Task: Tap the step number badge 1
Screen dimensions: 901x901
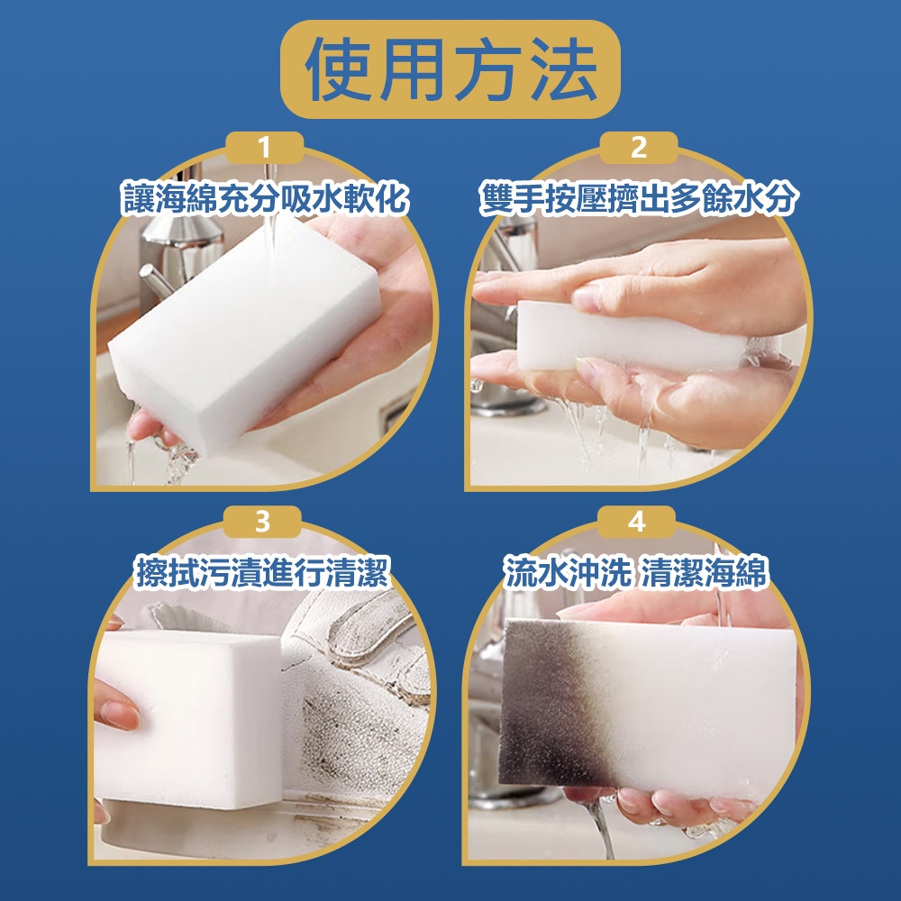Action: tap(265, 148)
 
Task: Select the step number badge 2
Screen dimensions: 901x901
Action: tap(639, 148)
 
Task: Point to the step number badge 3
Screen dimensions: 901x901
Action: tap(262, 522)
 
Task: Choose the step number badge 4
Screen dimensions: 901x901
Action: tap(636, 522)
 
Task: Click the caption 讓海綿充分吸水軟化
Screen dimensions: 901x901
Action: tap(265, 199)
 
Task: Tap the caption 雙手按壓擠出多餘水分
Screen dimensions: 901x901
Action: tap(639, 199)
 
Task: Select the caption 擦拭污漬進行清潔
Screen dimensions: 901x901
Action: tap(262, 572)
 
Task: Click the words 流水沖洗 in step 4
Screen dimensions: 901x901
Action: tap(567, 572)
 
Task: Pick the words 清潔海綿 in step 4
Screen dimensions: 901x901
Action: tap(704, 572)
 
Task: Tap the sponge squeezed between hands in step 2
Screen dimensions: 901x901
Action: tap(633, 336)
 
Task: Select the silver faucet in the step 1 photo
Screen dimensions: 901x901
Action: tap(172, 253)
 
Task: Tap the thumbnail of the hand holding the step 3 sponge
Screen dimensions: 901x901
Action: tap(120, 713)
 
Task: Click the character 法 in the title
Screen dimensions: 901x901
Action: tap(563, 70)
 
